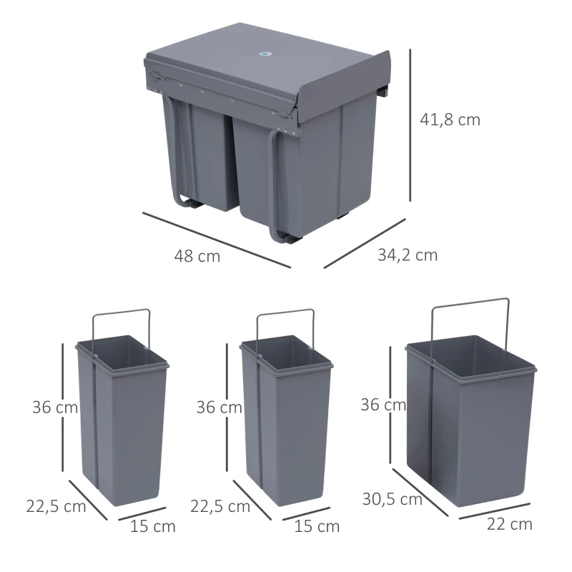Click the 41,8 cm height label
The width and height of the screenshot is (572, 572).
(x=450, y=120)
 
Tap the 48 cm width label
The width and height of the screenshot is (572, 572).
(x=197, y=256)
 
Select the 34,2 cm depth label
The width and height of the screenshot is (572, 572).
(x=408, y=255)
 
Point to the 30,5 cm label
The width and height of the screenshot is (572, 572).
(x=391, y=500)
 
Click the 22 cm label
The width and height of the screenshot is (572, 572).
(x=509, y=524)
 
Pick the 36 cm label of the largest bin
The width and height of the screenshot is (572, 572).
(x=383, y=405)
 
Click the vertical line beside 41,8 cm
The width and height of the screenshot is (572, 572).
(x=410, y=125)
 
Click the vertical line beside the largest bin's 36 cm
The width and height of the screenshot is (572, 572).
(x=390, y=408)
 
